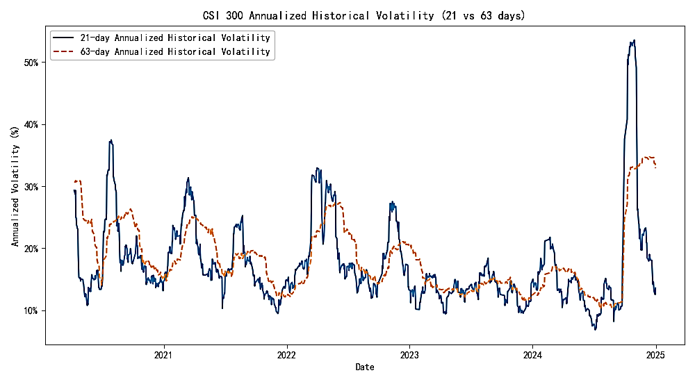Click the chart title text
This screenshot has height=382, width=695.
pos(364,15)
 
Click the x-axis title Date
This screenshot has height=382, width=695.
pos(364,367)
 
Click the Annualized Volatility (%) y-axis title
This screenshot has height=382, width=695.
pos(15,187)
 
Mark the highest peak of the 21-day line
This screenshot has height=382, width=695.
pos(634,40)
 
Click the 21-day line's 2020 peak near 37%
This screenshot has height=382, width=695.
pos(111,140)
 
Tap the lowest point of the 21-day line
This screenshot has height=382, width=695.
pos(595,329)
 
